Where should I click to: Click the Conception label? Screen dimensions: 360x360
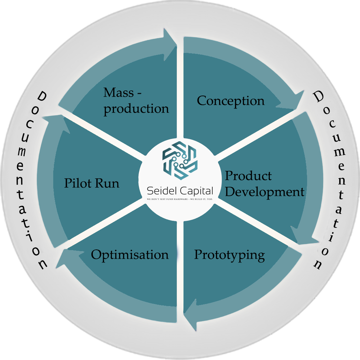point(231,101)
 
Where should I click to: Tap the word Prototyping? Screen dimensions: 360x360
point(229,255)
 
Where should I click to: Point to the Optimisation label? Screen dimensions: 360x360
point(130,255)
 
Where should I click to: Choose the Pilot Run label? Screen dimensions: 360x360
point(92,183)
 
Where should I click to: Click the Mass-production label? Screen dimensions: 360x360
point(136,101)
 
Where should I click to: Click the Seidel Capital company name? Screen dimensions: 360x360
point(180,190)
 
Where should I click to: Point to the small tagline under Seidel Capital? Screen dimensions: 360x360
point(180,199)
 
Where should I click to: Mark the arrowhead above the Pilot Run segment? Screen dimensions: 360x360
point(56,123)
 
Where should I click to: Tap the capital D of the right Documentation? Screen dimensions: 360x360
point(318,97)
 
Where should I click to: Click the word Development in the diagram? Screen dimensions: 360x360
point(264,192)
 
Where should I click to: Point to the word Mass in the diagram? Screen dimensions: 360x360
point(118,92)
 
